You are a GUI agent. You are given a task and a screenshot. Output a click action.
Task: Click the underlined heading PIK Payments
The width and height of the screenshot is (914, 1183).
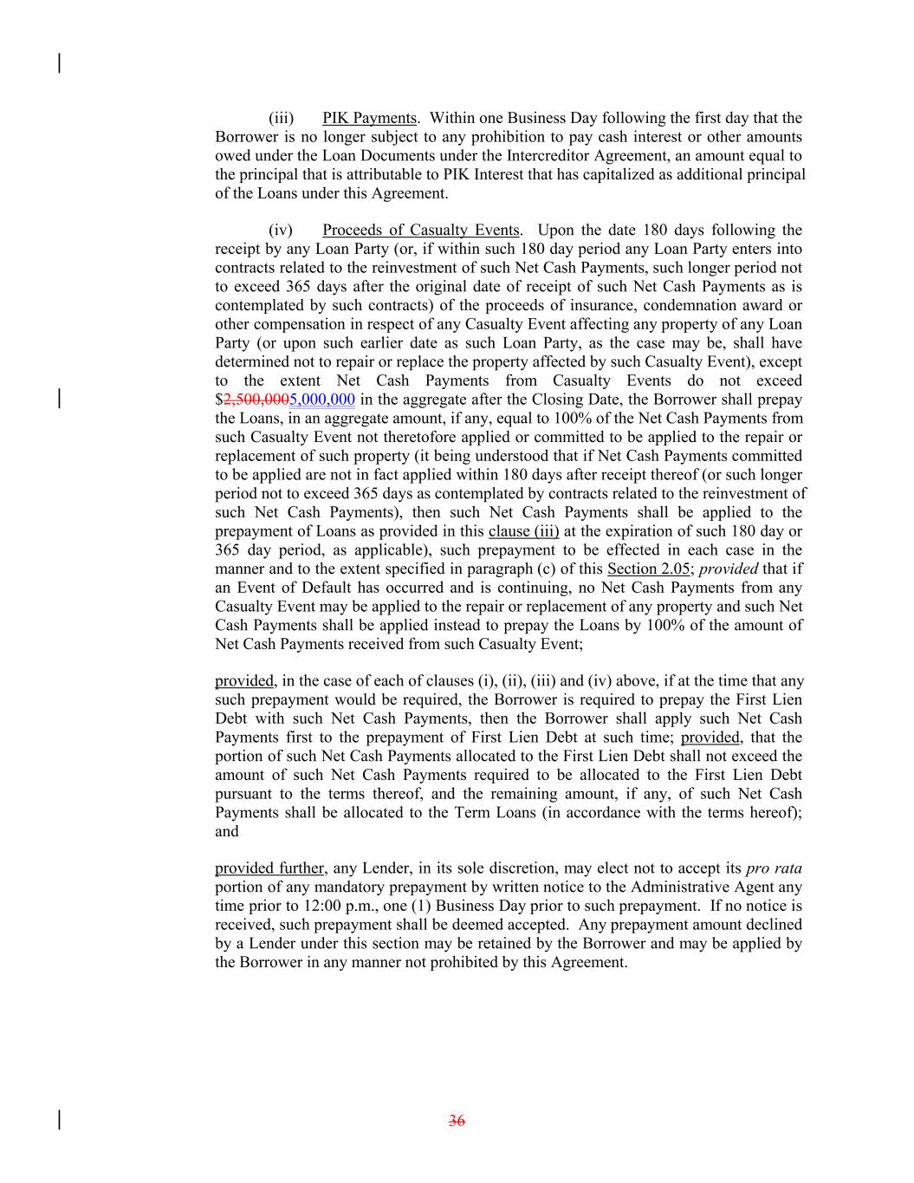click(369, 118)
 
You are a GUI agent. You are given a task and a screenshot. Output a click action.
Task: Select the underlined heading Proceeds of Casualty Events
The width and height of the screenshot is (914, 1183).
click(420, 230)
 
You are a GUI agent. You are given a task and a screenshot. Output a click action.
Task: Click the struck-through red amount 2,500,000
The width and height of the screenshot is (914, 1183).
click(256, 400)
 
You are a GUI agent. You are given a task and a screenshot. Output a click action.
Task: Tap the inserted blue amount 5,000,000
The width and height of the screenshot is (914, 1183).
click(322, 400)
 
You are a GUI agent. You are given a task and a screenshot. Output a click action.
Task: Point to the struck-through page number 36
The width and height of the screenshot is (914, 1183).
click(457, 1121)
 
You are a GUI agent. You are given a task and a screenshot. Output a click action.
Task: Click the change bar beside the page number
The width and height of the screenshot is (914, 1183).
click(59, 1121)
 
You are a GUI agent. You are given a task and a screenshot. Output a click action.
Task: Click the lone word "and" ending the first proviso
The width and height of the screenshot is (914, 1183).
click(227, 832)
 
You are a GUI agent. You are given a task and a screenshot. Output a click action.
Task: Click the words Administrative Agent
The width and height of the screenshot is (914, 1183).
click(701, 887)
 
